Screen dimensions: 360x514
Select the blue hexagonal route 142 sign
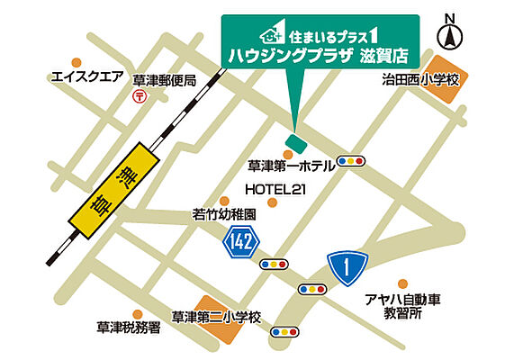coord(241,240)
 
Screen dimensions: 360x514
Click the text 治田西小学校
coord(420,79)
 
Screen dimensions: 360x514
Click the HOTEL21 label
coord(277,189)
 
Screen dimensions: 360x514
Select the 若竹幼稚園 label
coord(225,215)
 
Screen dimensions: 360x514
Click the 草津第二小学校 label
coord(216,317)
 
